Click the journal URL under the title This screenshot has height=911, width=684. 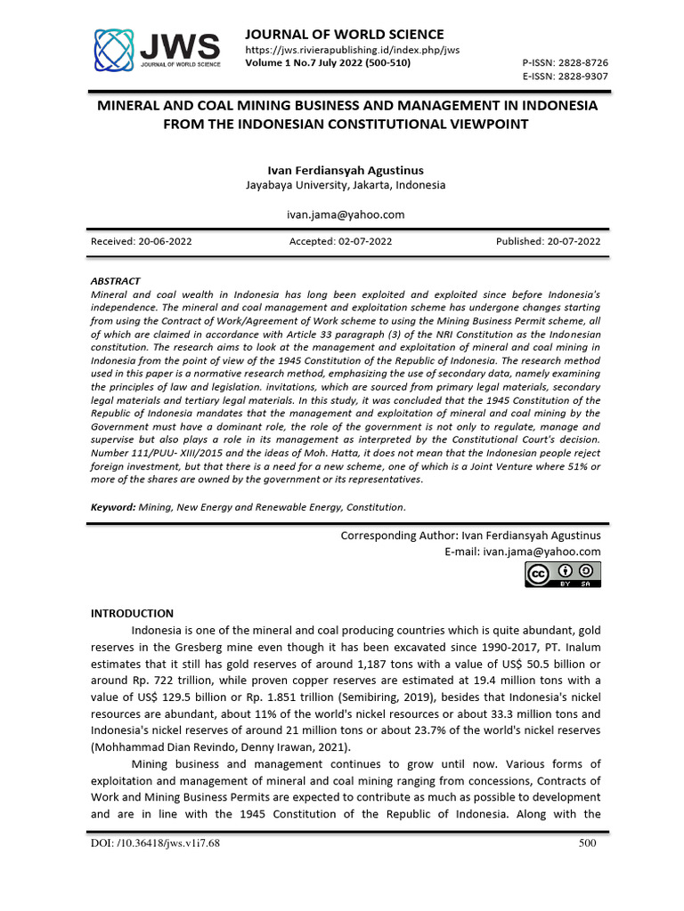tap(352, 51)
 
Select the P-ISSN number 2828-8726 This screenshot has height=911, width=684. tap(576, 64)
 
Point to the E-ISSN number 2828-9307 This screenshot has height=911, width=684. tap(576, 77)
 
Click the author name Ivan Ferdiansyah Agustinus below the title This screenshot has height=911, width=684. tap(346, 170)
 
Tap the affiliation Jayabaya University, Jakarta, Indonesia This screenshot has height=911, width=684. tap(346, 185)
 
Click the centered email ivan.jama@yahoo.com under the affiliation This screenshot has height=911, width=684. tap(346, 214)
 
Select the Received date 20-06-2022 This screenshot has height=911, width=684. tap(141, 241)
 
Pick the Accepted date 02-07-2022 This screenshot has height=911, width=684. tap(340, 241)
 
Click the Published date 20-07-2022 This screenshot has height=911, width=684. tap(548, 241)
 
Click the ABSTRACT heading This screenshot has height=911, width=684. tap(116, 280)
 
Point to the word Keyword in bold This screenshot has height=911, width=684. tap(113, 507)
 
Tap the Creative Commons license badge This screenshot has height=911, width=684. tap(562, 575)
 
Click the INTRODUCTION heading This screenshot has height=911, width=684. tap(133, 613)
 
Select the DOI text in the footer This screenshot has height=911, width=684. tap(156, 843)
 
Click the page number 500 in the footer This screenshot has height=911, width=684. tap(586, 843)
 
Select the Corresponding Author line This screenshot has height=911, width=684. tap(470, 536)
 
